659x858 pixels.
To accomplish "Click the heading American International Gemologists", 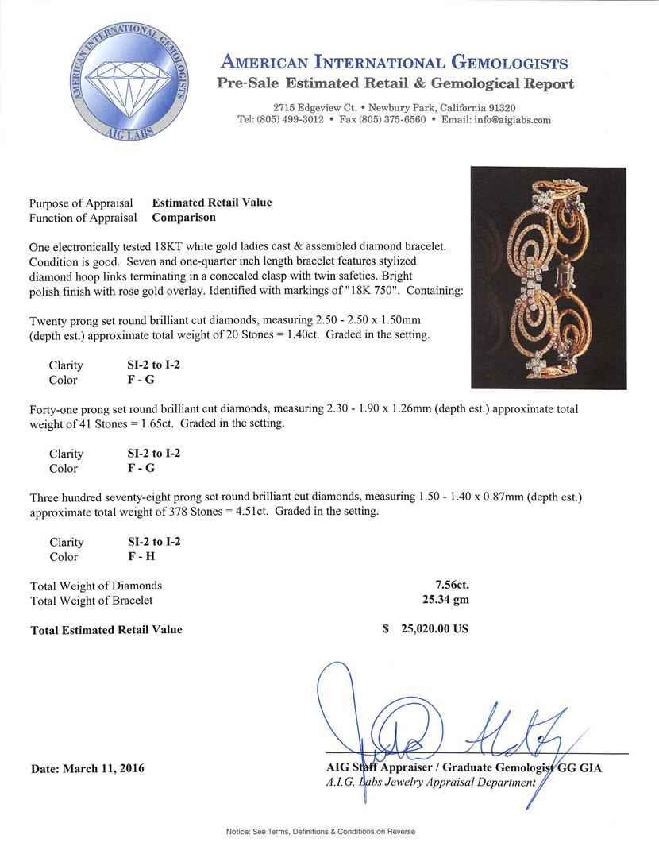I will [x=395, y=64].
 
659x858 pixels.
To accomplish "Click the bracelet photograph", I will [x=548, y=277].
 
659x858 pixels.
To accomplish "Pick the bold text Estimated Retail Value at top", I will [x=212, y=203].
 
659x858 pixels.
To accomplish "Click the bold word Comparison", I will [x=183, y=217].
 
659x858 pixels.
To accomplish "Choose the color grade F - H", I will [x=142, y=556].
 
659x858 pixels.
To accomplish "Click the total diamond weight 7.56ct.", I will [x=446, y=586].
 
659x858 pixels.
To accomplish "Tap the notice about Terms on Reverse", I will [x=320, y=832].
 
